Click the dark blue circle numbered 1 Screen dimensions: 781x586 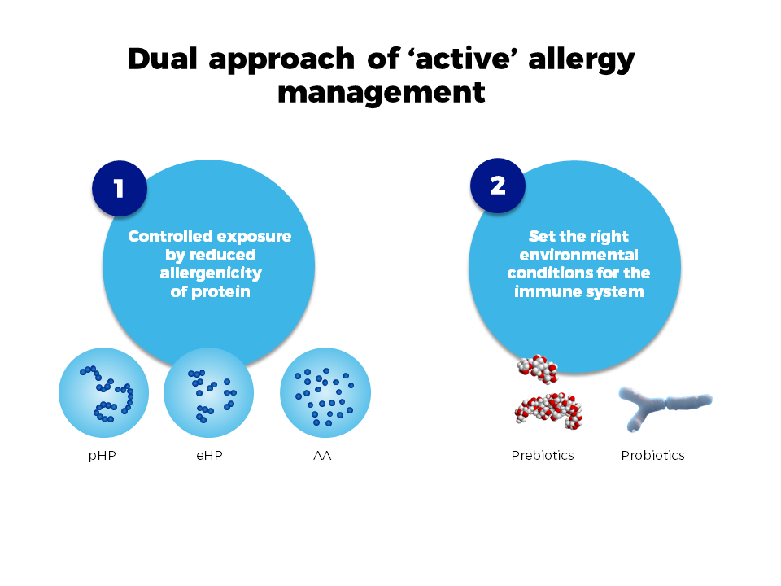pos(120,188)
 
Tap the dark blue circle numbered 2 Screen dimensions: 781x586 pos(498,186)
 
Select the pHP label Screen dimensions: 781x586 pos(103,456)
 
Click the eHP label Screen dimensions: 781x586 pos(209,456)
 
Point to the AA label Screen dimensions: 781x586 pos(322,456)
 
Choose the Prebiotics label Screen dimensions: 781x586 pos(543,456)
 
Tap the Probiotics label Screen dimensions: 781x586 pos(652,456)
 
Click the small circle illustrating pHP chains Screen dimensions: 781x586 pos(103,392)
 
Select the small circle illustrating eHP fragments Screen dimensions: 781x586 pos(209,392)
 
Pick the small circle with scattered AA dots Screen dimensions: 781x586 pos(325,392)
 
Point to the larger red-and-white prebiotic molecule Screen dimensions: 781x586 pos(548,411)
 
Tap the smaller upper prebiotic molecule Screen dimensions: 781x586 pos(538,369)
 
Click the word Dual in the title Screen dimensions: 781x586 pos(163,59)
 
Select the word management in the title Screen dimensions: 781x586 pos(382,93)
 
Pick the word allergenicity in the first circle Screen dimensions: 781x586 pos(211,273)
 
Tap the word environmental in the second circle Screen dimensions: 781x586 pos(578,255)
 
